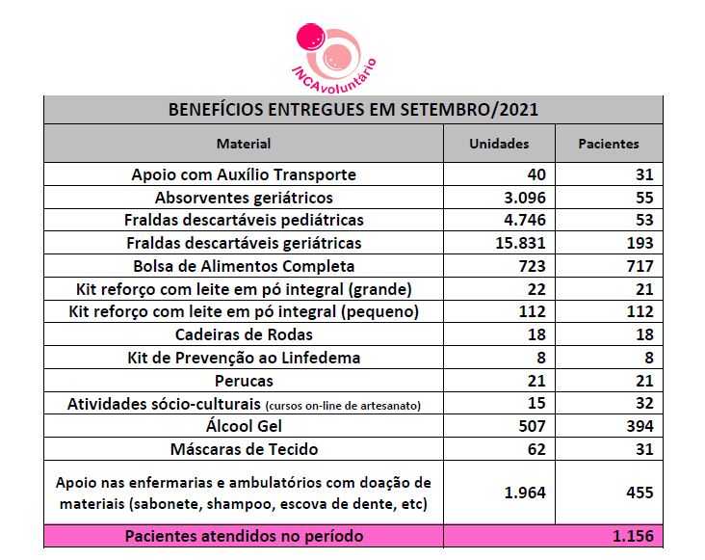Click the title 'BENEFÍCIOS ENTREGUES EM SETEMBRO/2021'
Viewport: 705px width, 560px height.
click(x=352, y=110)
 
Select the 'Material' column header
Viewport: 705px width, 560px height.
click(x=244, y=144)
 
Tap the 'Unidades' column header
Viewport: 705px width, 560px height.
click(x=499, y=144)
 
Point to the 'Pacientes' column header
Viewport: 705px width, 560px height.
click(x=609, y=144)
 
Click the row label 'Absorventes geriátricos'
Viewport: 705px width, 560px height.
click(x=244, y=198)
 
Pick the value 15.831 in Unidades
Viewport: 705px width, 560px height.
click(x=520, y=243)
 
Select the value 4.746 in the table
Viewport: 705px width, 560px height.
click(x=525, y=220)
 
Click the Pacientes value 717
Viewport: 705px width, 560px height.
click(x=640, y=266)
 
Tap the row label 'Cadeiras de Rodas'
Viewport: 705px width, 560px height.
click(x=244, y=334)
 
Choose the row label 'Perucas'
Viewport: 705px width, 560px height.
click(x=244, y=381)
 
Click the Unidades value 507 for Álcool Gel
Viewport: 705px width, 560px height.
click(x=532, y=426)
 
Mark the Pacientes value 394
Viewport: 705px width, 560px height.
click(x=640, y=426)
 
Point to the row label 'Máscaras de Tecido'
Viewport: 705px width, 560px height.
click(x=244, y=449)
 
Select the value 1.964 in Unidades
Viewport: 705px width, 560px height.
click(x=525, y=493)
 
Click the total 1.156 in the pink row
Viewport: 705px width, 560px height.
click(x=633, y=536)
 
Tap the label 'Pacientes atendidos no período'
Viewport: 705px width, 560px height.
click(x=244, y=536)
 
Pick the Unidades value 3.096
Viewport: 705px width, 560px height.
click(x=525, y=198)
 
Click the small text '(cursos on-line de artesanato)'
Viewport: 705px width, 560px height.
click(x=343, y=406)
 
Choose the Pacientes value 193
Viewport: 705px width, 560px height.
click(x=640, y=243)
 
